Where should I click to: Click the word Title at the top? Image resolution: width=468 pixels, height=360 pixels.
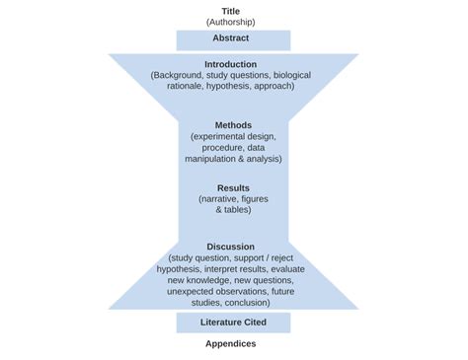pos(231,11)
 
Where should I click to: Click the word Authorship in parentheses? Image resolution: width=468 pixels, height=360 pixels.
pos(231,22)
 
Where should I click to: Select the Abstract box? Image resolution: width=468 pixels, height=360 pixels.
pos(233,38)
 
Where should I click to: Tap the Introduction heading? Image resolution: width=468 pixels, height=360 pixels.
pos(231,64)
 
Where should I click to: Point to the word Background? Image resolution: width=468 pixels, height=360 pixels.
pos(183,75)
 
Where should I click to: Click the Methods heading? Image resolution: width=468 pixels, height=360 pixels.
pos(233,125)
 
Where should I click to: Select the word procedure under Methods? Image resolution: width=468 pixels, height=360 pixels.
pos(211,147)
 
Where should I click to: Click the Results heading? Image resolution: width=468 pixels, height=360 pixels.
pos(233,187)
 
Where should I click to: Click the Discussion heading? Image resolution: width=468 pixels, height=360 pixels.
pos(231,247)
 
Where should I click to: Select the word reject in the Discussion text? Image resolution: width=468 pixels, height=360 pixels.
pos(293,257)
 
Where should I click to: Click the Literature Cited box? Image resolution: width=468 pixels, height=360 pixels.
pos(233,323)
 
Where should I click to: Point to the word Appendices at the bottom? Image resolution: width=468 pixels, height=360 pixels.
pos(231,344)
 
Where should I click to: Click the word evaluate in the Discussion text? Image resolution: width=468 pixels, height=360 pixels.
pos(292,268)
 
